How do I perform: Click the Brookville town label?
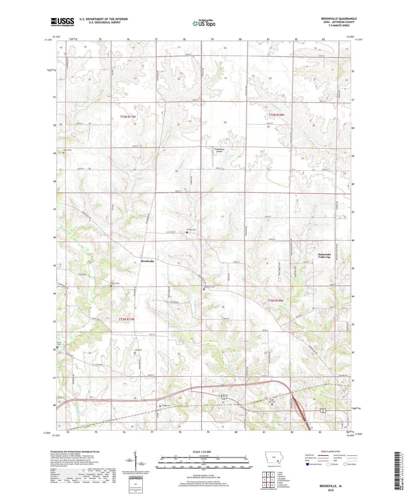pos(147,261)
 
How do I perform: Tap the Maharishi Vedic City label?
pos(324,256)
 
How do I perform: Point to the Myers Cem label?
pos(67,150)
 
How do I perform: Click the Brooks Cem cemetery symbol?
pos(187,232)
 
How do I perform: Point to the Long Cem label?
pos(138,350)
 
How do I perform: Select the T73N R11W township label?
pos(128,117)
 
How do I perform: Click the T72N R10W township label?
pos(275,301)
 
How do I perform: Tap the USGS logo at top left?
pos(62,22)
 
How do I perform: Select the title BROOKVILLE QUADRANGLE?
pos(339,19)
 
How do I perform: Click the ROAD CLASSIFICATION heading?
pos(331,451)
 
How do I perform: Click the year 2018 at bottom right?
pos(331,491)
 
